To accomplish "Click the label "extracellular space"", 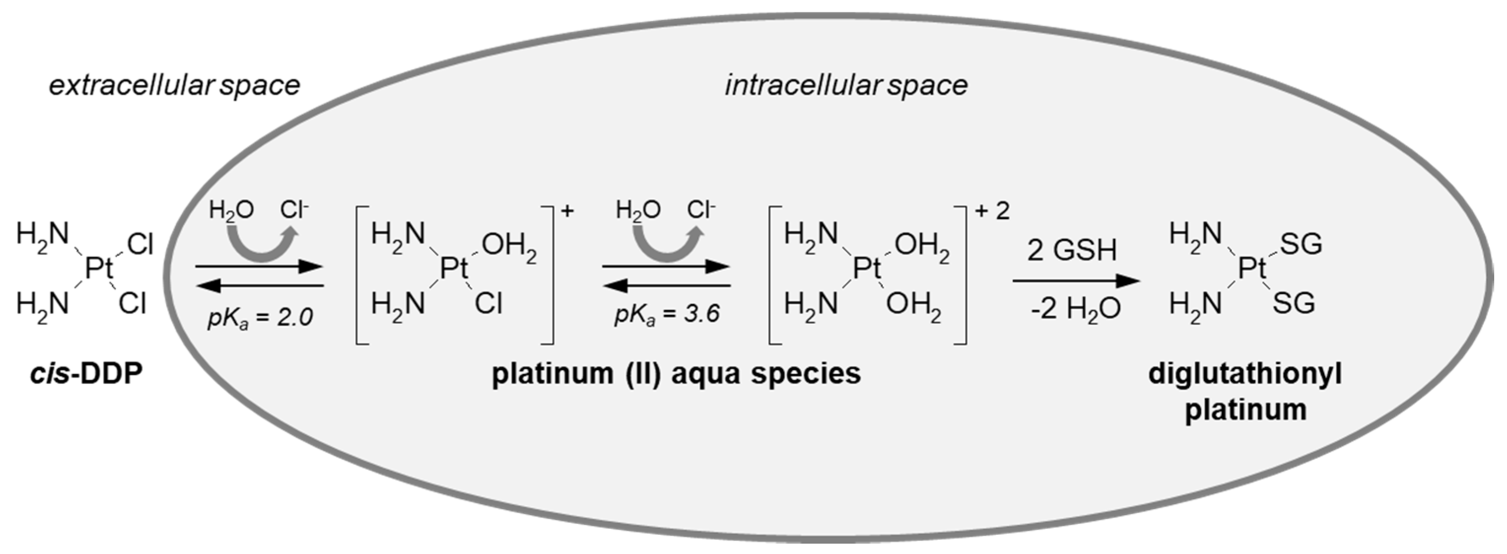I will pyautogui.click(x=174, y=86).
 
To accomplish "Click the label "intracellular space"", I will pyautogui.click(x=846, y=86).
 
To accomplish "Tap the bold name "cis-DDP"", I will pyautogui.click(x=87, y=373).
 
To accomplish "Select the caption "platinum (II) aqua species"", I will pyautogui.click(x=676, y=373).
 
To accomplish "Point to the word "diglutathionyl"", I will pyautogui.click(x=1245, y=373).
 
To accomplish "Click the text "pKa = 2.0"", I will pyautogui.click(x=260, y=317).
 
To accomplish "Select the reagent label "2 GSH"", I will pyautogui.click(x=1072, y=250).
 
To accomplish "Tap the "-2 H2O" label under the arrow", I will pyautogui.click(x=1075, y=309).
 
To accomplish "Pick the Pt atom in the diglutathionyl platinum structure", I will pyautogui.click(x=1252, y=269).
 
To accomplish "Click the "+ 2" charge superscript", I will pyautogui.click(x=993, y=211).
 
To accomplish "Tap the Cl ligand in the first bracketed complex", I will pyautogui.click(x=488, y=304).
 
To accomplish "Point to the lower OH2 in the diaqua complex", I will pyautogui.click(x=914, y=306).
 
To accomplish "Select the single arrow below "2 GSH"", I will pyautogui.click(x=1076, y=281).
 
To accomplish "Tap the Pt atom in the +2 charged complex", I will pyautogui.click(x=867, y=269).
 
